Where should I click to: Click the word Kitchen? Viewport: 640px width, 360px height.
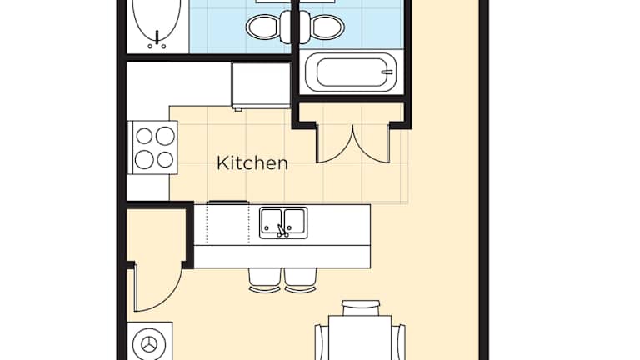coord(252,162)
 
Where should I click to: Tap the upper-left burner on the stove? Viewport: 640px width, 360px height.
coord(144,137)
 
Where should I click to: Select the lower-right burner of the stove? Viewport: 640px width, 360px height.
coord(165,160)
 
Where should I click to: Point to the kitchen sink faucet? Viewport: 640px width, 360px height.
coord(282,231)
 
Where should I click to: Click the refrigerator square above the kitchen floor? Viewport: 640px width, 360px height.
coord(261,85)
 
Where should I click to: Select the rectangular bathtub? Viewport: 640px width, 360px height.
coord(351,72)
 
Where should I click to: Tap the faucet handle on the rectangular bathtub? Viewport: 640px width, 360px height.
coord(387,72)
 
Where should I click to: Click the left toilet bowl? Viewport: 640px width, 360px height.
coord(263,27)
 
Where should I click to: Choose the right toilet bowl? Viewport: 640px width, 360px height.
coord(327,27)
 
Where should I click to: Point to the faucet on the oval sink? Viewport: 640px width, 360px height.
coord(157,40)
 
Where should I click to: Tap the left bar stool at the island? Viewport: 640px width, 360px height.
coord(265,280)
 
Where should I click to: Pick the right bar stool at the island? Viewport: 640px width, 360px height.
coord(301,280)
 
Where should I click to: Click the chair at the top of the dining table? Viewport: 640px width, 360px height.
coord(361,307)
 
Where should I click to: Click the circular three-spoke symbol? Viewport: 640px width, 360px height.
coord(149,344)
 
